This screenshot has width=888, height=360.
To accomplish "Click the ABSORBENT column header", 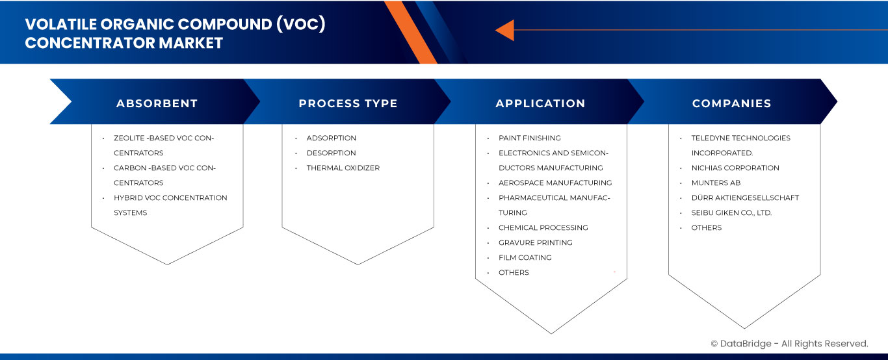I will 157,103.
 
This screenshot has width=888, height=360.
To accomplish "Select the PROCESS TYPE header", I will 348,103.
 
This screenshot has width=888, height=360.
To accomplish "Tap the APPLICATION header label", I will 540,103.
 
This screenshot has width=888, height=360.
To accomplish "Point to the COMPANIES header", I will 731,103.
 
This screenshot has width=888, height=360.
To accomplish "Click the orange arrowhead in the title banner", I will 504,30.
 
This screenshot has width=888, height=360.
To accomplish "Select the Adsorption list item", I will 331,138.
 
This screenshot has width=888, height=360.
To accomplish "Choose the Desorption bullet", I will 331,153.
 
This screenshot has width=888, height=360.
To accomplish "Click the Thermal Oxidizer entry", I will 343,168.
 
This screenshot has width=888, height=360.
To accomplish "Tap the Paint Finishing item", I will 529,138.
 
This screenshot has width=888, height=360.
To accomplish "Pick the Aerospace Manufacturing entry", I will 555,183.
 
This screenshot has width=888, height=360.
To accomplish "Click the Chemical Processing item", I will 543,228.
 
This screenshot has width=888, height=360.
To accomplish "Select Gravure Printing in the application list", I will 535,243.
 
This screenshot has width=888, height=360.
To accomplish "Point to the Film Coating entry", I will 525,258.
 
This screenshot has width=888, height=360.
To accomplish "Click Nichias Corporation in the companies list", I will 735,168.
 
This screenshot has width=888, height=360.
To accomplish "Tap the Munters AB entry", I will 716,183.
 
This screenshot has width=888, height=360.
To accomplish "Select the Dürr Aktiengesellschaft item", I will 745,198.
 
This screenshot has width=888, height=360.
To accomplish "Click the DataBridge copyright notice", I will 789,344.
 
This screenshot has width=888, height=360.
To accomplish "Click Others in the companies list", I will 706,228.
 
